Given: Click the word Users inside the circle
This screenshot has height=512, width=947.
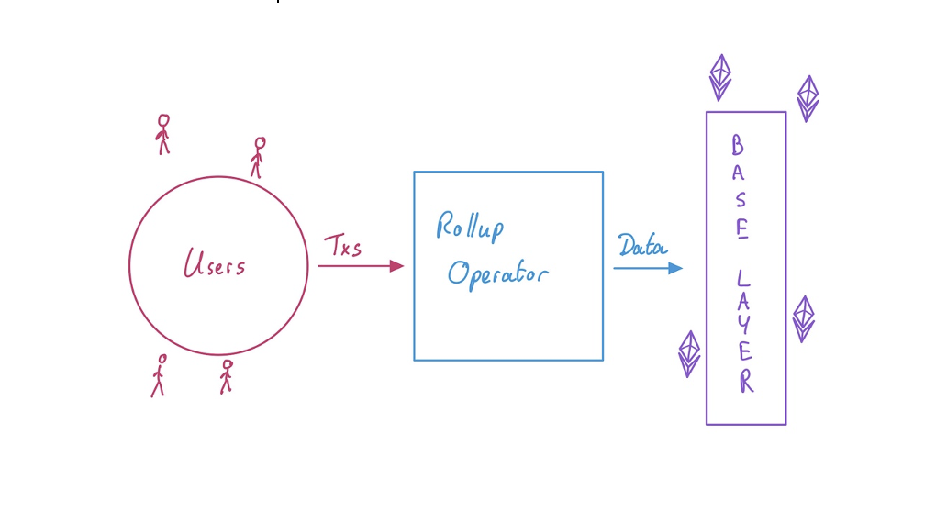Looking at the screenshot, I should pyautogui.click(x=215, y=265).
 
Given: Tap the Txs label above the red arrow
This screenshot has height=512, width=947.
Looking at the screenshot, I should pyautogui.click(x=342, y=247).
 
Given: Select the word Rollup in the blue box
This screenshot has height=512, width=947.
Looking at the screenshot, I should pyautogui.click(x=470, y=226).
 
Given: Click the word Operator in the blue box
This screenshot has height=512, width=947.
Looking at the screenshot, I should pyautogui.click(x=498, y=274).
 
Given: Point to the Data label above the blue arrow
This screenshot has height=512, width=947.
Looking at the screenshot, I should pyautogui.click(x=642, y=246).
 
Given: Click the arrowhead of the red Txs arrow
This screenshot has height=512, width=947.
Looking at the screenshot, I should pyautogui.click(x=396, y=266).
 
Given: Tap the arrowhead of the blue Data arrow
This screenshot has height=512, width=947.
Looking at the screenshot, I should pyautogui.click(x=675, y=268).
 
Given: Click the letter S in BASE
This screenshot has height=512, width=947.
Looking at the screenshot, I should pyautogui.click(x=740, y=200).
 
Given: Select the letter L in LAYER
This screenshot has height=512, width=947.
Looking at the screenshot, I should pyautogui.click(x=743, y=275).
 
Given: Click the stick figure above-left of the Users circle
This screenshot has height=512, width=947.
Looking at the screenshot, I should pyautogui.click(x=163, y=134).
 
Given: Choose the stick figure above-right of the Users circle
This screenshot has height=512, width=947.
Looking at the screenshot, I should pyautogui.click(x=259, y=157).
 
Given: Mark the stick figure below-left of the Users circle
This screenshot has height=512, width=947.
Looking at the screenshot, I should pyautogui.click(x=159, y=375).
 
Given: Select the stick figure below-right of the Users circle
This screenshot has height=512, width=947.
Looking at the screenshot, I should pyautogui.click(x=226, y=376).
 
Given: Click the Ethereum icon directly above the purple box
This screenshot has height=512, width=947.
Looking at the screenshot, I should pyautogui.click(x=720, y=77).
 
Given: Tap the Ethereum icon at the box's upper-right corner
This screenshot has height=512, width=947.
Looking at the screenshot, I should pyautogui.click(x=808, y=98).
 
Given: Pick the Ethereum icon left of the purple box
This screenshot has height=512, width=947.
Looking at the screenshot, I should pyautogui.click(x=689, y=354).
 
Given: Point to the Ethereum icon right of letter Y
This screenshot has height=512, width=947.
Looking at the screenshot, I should pyautogui.click(x=804, y=318).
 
